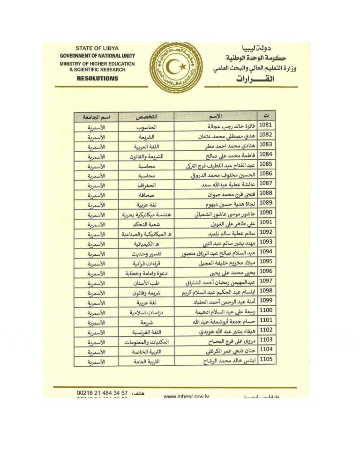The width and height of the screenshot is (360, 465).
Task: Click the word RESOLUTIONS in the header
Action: (x=97, y=78)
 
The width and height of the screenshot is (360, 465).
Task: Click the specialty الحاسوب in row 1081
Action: (x=146, y=126)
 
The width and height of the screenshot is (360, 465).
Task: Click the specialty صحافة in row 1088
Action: (x=146, y=195)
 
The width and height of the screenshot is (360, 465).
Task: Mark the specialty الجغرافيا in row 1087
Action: (x=146, y=185)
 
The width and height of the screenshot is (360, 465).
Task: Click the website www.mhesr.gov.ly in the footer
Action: (x=186, y=396)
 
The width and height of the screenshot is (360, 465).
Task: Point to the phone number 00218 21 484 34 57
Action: (x=102, y=392)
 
